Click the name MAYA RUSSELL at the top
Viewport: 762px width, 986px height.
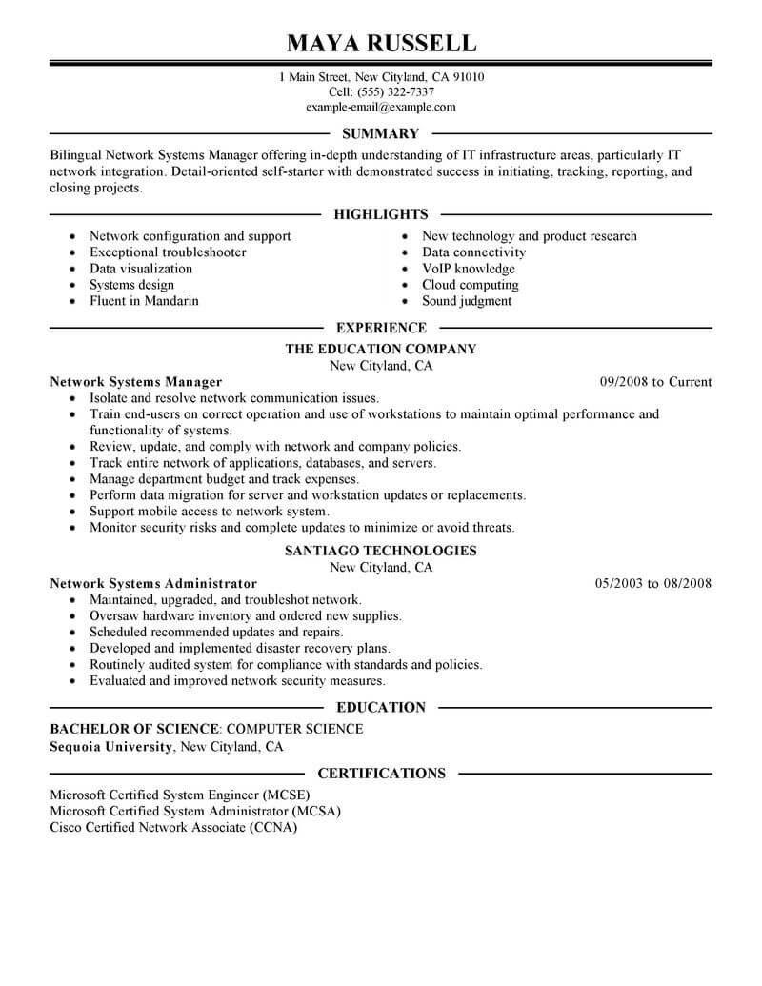[381, 43]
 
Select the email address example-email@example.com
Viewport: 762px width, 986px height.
[381, 108]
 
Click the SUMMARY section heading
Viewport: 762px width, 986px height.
[380, 133]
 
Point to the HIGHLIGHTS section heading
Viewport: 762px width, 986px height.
[381, 214]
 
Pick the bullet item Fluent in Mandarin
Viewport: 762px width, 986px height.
[144, 301]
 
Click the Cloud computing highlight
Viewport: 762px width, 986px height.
[470, 285]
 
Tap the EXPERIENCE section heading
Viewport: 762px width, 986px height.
[381, 328]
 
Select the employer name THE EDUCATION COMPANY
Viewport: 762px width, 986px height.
[381, 350]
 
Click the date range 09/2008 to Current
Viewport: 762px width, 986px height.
[655, 382]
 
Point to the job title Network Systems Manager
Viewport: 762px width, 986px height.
[135, 382]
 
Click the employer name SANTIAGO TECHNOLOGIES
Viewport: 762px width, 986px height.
[381, 551]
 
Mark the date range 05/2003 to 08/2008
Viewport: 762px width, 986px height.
[653, 583]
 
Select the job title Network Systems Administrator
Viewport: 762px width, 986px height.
[153, 583]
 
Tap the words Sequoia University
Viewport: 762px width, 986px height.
[111, 747]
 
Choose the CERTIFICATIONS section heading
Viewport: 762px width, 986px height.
[381, 773]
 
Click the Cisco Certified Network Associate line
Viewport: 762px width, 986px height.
[173, 828]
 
